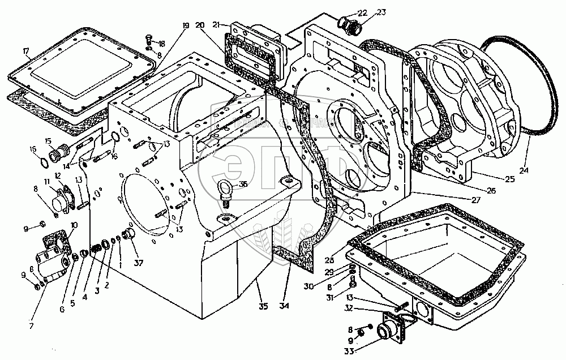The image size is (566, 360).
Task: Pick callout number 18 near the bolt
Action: (161, 44)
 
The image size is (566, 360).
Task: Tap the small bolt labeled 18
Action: (149, 40)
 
